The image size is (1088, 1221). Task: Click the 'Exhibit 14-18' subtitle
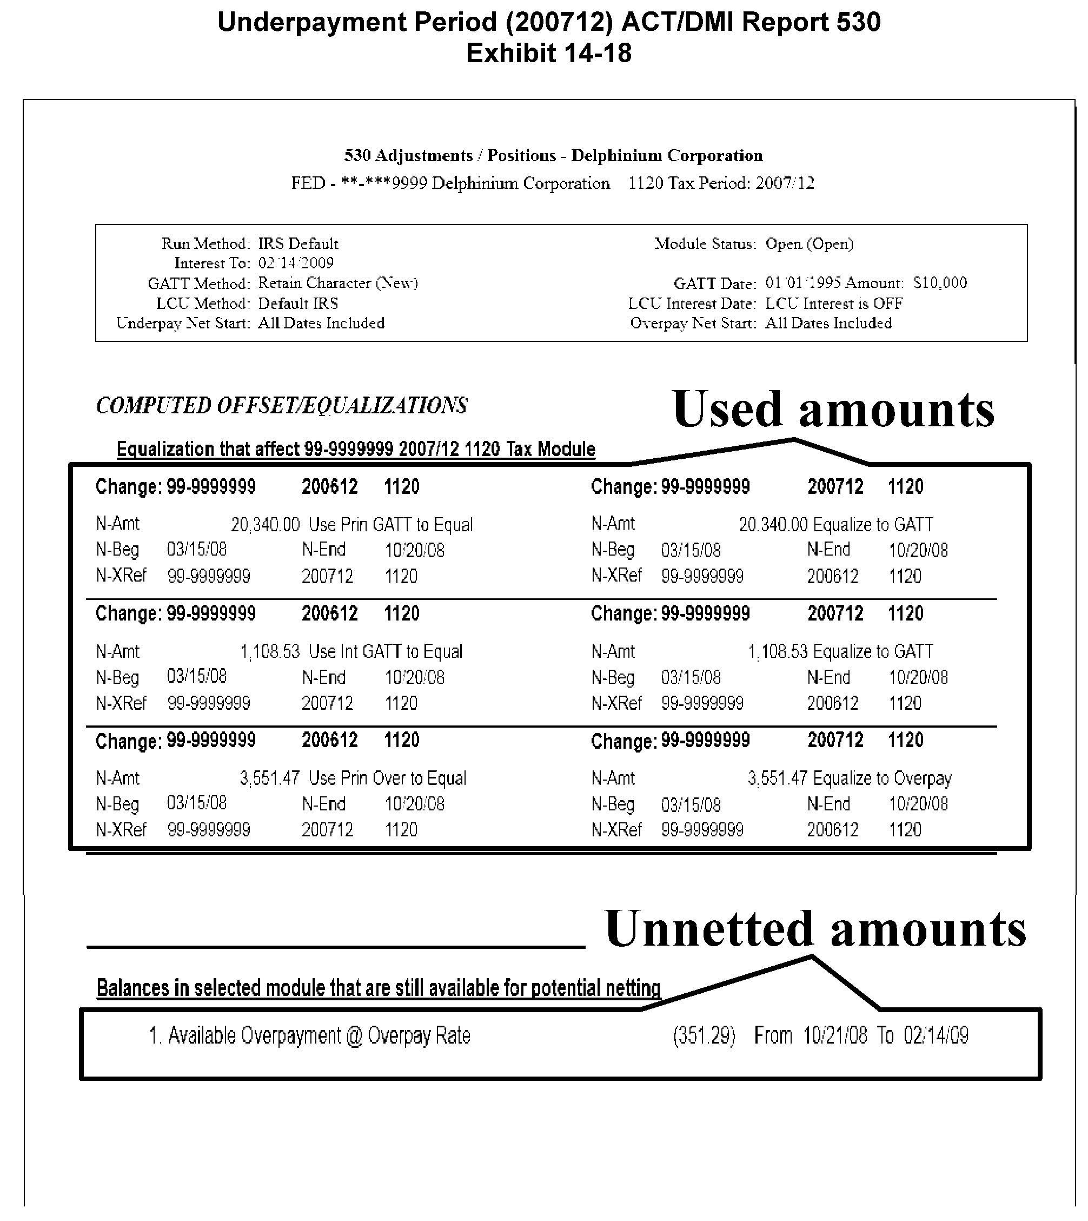[x=548, y=53]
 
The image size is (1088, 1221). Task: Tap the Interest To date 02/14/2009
[x=296, y=263]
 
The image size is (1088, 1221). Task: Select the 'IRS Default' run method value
[x=298, y=243]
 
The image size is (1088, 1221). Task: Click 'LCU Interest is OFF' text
[x=834, y=303]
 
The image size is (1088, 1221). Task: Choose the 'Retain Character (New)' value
[x=338, y=283]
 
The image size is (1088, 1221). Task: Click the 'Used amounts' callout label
[x=833, y=410]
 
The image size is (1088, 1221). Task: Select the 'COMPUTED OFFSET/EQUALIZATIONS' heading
[x=282, y=405]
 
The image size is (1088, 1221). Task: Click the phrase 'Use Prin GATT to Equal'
[x=390, y=525]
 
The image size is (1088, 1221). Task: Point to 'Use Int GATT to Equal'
[x=386, y=652]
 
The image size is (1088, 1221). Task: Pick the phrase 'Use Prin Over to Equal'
[x=387, y=778]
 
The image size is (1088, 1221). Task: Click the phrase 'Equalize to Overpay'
[x=883, y=778]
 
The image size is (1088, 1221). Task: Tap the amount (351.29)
[x=704, y=1035]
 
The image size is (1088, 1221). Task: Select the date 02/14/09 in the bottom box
[x=936, y=1035]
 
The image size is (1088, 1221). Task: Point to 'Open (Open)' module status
[x=810, y=243]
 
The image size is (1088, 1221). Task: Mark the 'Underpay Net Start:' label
[x=183, y=324]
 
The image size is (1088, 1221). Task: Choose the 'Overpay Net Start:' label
[x=693, y=324]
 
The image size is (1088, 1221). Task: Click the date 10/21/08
[x=834, y=1035]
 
